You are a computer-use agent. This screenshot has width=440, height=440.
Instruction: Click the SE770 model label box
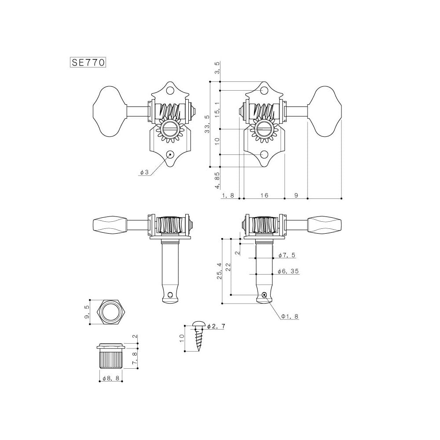(x=88, y=62)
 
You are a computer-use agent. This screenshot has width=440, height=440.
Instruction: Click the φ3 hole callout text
(x=144, y=172)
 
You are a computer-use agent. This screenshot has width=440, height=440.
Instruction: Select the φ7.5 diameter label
(x=288, y=256)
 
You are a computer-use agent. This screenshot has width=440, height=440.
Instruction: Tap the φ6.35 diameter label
(x=289, y=271)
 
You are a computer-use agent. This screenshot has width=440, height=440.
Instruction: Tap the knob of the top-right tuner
(x=327, y=110)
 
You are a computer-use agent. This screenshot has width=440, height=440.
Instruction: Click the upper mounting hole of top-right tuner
(x=264, y=91)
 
